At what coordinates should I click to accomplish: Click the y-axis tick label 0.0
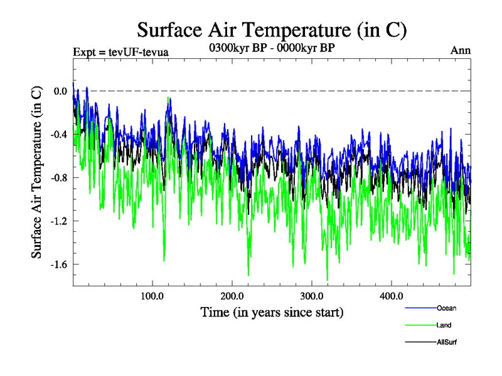[60, 91]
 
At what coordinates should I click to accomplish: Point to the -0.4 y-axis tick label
[59, 134]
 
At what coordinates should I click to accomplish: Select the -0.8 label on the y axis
[59, 177]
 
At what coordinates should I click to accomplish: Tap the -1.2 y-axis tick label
[59, 221]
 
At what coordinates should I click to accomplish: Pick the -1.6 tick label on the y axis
[59, 264]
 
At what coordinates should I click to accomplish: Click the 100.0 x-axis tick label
[152, 295]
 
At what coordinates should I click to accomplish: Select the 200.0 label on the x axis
[232, 295]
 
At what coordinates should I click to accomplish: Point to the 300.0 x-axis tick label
[312, 295]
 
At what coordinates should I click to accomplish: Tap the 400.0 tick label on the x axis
[392, 295]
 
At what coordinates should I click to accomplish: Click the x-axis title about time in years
[272, 311]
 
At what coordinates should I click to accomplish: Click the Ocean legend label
[446, 308]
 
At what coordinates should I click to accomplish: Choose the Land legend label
[444, 325]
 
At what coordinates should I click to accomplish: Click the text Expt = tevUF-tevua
[121, 51]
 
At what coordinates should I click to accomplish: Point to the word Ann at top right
[461, 51]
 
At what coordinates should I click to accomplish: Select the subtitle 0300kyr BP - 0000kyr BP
[272, 47]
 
